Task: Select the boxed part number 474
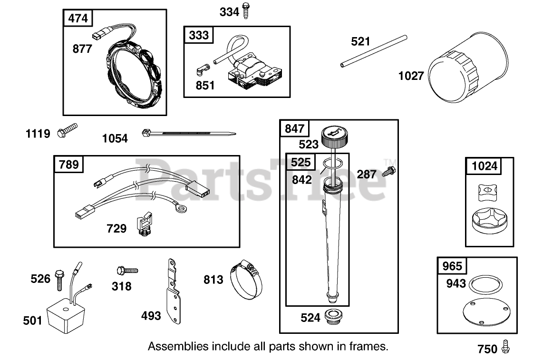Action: pos(78,19)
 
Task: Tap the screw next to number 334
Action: pos(246,10)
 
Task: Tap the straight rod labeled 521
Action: pos(374,50)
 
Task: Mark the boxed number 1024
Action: pos(485,166)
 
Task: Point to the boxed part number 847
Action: pos(294,128)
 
